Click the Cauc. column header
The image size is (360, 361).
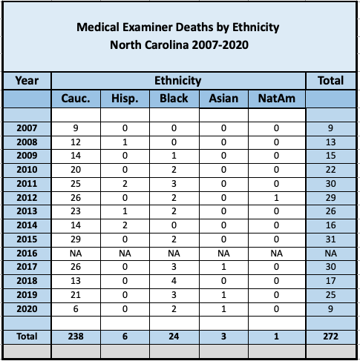coord(76,99)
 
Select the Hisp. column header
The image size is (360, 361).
coord(125,99)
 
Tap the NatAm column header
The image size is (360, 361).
coord(277,99)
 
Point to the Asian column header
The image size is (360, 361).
coord(223,99)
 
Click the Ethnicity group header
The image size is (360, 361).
coord(178,81)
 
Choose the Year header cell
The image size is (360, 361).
coord(27,81)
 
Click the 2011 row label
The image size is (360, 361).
coord(27,184)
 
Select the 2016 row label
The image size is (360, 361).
coord(27,254)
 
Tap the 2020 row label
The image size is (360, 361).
coord(27,309)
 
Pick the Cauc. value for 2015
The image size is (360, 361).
coord(76,239)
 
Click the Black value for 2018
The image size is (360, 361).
coord(174,281)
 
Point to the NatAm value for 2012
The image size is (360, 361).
coord(276,198)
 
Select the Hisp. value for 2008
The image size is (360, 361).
coord(125,142)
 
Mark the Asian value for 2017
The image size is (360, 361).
coord(223,267)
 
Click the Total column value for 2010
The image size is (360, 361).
coord(330,170)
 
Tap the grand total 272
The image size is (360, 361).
coord(330,337)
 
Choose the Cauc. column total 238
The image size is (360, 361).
coord(76,337)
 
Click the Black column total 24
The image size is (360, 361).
coord(174,337)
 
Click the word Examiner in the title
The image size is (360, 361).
coord(168,27)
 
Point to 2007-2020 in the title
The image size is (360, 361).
coord(220,45)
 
